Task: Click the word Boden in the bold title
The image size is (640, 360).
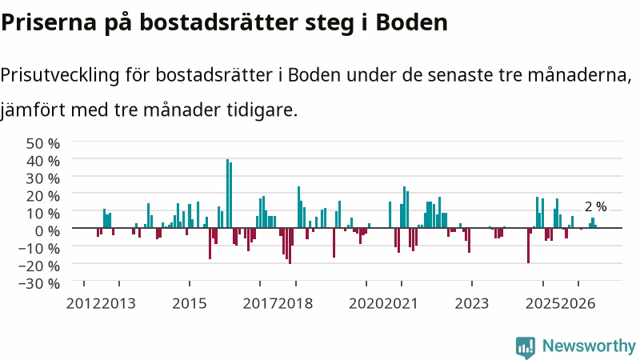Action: click(411, 22)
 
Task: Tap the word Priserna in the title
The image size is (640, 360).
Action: click(49, 22)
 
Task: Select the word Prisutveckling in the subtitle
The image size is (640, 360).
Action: click(60, 75)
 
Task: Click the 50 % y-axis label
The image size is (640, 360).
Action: click(43, 144)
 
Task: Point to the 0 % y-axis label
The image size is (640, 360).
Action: click(47, 231)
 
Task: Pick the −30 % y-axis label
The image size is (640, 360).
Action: click(39, 283)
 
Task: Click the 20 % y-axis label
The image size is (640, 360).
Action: click(43, 196)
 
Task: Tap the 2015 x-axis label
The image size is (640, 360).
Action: click(190, 304)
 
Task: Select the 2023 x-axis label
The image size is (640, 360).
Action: click(472, 304)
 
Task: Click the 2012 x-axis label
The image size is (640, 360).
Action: click(83, 304)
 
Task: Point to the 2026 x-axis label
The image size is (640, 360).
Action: click(578, 304)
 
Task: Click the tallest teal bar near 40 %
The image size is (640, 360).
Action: click(228, 194)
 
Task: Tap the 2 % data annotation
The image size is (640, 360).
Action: click(595, 207)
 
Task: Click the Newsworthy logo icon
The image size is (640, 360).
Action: click(526, 348)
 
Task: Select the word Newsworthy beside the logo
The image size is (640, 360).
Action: click(589, 346)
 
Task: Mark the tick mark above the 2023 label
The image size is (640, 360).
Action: click(472, 284)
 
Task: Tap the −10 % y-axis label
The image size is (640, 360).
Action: click(39, 248)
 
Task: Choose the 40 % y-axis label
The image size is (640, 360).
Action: click(43, 162)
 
